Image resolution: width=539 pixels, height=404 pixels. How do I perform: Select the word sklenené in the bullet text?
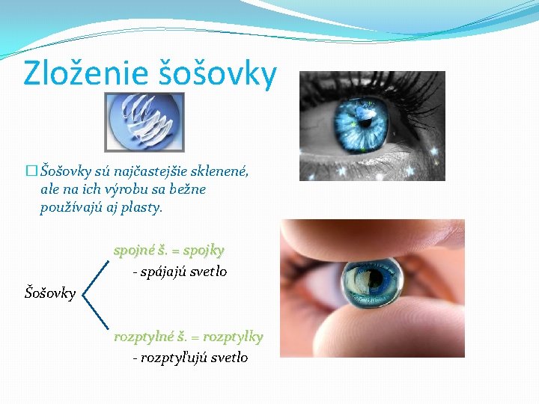216,171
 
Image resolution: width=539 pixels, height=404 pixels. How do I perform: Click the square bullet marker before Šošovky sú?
31,171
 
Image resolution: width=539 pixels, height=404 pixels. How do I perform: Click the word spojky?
204,249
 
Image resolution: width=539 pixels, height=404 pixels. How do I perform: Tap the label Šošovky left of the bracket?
51,293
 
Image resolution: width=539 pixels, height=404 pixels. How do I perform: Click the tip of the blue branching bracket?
83,293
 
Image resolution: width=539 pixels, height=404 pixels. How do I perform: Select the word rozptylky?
234,337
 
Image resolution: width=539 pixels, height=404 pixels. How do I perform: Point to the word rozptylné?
143,337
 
